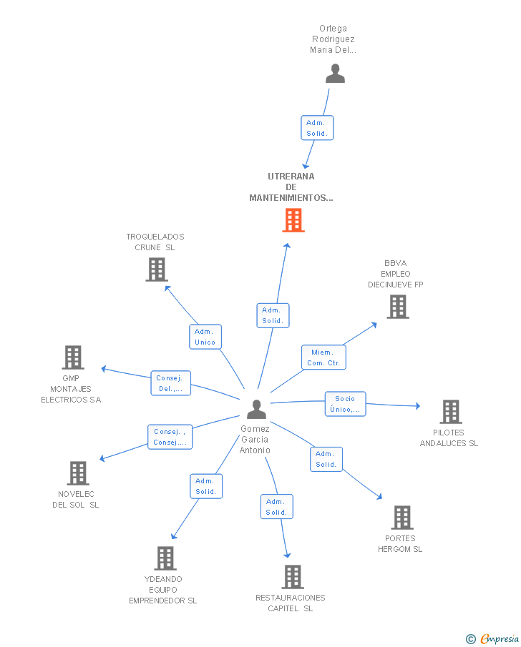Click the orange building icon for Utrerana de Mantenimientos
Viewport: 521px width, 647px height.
coord(293,220)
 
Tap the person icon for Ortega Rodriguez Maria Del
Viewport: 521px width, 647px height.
coord(335,74)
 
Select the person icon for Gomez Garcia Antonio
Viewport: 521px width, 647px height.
coord(257,410)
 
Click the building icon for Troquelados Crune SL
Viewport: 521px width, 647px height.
coord(157,270)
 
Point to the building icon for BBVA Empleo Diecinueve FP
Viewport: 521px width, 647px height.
coord(398,307)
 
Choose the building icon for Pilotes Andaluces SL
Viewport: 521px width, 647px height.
coord(451,412)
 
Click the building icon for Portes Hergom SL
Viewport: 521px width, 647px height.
coord(402,518)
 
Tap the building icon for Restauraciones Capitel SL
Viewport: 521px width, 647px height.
coord(293,577)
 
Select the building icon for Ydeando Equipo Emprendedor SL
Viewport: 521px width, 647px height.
coord(165,558)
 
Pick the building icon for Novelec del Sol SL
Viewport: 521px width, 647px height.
coord(78,473)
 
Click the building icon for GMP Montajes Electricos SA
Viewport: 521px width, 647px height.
coord(73,357)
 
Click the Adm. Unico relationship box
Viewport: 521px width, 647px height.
coord(205,337)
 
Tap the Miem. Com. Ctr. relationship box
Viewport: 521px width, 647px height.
coord(323,357)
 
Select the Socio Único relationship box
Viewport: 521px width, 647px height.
coord(346,404)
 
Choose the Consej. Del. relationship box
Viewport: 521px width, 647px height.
coord(170,383)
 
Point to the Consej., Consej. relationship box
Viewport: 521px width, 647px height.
coord(170,437)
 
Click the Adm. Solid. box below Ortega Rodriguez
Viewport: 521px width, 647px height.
coord(317,128)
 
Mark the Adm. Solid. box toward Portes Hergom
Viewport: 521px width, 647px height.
coord(326,459)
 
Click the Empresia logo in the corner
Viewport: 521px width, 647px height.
coord(492,638)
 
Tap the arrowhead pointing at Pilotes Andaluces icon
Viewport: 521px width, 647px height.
coord(418,406)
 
